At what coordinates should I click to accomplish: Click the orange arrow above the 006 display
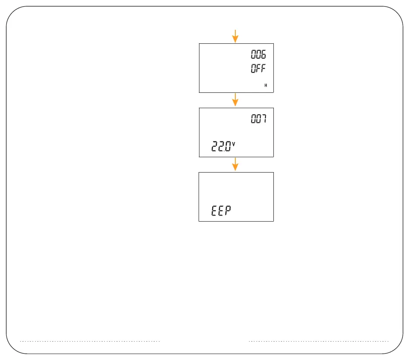[235, 36]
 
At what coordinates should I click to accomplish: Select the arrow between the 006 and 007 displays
[235, 100]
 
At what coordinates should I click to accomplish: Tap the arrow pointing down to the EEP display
[235, 164]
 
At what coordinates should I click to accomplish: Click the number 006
[259, 55]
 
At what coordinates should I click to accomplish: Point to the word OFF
[259, 69]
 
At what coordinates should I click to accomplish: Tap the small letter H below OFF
[266, 85]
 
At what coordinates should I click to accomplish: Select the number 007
[259, 119]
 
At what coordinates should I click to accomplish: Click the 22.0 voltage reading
[223, 146]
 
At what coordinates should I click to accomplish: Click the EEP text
[221, 211]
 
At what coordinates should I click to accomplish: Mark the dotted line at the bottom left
[90, 341]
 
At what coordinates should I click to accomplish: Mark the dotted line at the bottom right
[318, 341]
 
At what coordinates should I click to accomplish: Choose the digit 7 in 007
[263, 119]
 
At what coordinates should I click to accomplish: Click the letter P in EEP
[228, 211]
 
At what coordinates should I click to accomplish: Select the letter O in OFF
[253, 69]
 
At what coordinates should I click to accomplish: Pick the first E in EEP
[214, 211]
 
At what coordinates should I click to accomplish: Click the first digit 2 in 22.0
[215, 146]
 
